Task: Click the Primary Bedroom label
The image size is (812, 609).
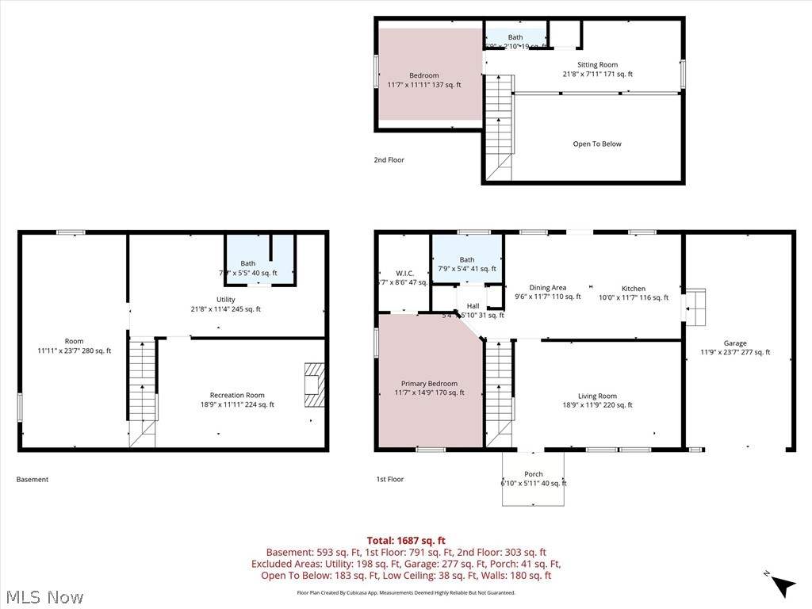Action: (x=429, y=384)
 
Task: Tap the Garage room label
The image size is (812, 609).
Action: (x=734, y=343)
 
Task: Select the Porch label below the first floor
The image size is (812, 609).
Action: (x=534, y=474)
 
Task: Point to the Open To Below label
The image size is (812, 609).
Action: (x=597, y=144)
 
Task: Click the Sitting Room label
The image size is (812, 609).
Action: (x=597, y=65)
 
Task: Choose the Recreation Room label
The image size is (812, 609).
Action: (x=237, y=395)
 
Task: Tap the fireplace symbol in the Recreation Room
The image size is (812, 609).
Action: (x=316, y=385)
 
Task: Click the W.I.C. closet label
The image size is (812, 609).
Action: (x=404, y=274)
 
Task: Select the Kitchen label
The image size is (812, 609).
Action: (x=633, y=289)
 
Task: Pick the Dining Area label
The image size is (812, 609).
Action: (x=548, y=288)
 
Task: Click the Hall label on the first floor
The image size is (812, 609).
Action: (x=473, y=306)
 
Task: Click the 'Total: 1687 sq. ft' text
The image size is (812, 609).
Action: (x=405, y=541)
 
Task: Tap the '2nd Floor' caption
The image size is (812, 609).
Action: (x=389, y=160)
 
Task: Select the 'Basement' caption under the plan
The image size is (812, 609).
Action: (x=33, y=480)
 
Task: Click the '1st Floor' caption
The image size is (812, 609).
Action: (x=390, y=480)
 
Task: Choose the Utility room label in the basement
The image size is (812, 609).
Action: (x=226, y=300)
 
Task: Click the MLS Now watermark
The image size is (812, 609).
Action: (x=44, y=596)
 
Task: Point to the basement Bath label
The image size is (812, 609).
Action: (x=248, y=263)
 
